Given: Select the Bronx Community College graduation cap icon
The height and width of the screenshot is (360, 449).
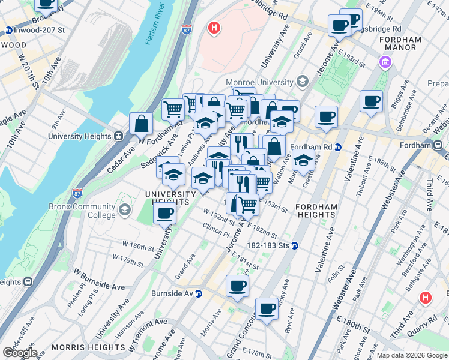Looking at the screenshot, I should (x=124, y=209).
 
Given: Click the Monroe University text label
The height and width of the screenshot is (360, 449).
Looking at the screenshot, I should (x=259, y=82).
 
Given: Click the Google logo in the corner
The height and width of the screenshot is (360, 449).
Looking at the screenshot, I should (x=20, y=352).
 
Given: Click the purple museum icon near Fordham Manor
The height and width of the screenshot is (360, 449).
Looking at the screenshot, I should (x=384, y=61).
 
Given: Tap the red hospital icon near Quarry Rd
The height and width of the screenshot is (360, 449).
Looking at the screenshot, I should (x=426, y=297).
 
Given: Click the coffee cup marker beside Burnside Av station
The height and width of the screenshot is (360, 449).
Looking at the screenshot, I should (x=237, y=286).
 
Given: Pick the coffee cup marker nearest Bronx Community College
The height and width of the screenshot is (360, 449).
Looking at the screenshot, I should (x=164, y=212).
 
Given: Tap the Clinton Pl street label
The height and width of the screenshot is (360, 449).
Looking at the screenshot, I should (x=216, y=229).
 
